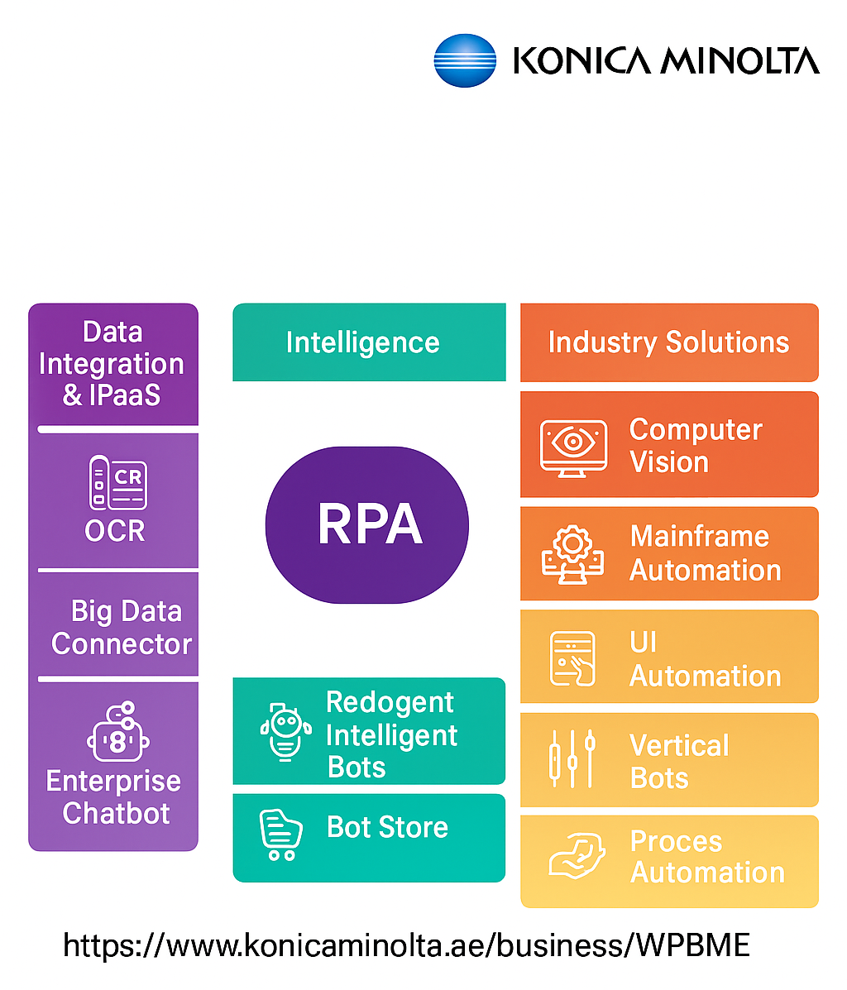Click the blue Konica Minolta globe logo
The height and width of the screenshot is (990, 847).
pyautogui.click(x=465, y=60)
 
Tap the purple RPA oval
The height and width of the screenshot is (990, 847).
pyautogui.click(x=367, y=524)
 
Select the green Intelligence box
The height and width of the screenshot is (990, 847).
pyautogui.click(x=369, y=342)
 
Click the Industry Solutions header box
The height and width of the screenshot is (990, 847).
pyautogui.click(x=668, y=342)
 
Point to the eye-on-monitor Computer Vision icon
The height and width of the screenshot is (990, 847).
pyautogui.click(x=573, y=446)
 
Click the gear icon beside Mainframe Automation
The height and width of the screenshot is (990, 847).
pyautogui.click(x=572, y=553)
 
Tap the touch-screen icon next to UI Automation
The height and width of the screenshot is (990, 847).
pyautogui.click(x=572, y=658)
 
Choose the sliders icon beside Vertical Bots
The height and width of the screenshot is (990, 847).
pyautogui.click(x=572, y=758)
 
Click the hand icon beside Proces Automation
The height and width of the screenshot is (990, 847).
pyautogui.click(x=572, y=857)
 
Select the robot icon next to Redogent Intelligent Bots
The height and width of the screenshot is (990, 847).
pyautogui.click(x=285, y=731)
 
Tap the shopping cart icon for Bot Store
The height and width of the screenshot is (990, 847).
pyautogui.click(x=280, y=834)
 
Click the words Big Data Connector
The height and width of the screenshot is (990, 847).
pyautogui.click(x=121, y=627)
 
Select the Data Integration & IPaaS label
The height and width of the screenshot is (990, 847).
pyautogui.click(x=112, y=364)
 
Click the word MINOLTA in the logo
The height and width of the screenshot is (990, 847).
pyautogui.click(x=742, y=61)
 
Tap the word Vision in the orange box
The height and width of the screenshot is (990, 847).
pyautogui.click(x=669, y=462)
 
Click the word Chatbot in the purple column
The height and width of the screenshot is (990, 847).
pyautogui.click(x=117, y=813)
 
